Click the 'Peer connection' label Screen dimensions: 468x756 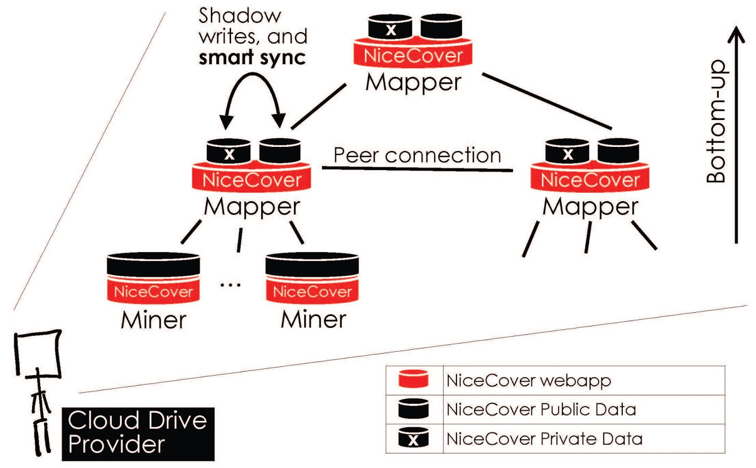[x=417, y=155]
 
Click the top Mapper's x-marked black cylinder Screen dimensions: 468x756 [x=390, y=26]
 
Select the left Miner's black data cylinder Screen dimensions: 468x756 [x=153, y=264]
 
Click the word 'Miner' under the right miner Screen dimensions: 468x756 [x=313, y=320]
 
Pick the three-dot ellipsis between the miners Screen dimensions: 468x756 [x=231, y=285]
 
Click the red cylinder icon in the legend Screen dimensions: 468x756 [x=413, y=379]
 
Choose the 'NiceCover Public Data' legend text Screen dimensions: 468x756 [x=541, y=409]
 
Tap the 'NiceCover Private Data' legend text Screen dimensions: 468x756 [x=544, y=439]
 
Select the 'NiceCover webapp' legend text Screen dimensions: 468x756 [x=529, y=380]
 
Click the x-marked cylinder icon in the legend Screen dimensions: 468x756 [x=413, y=438]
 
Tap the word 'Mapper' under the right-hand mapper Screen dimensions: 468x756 [x=590, y=207]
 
